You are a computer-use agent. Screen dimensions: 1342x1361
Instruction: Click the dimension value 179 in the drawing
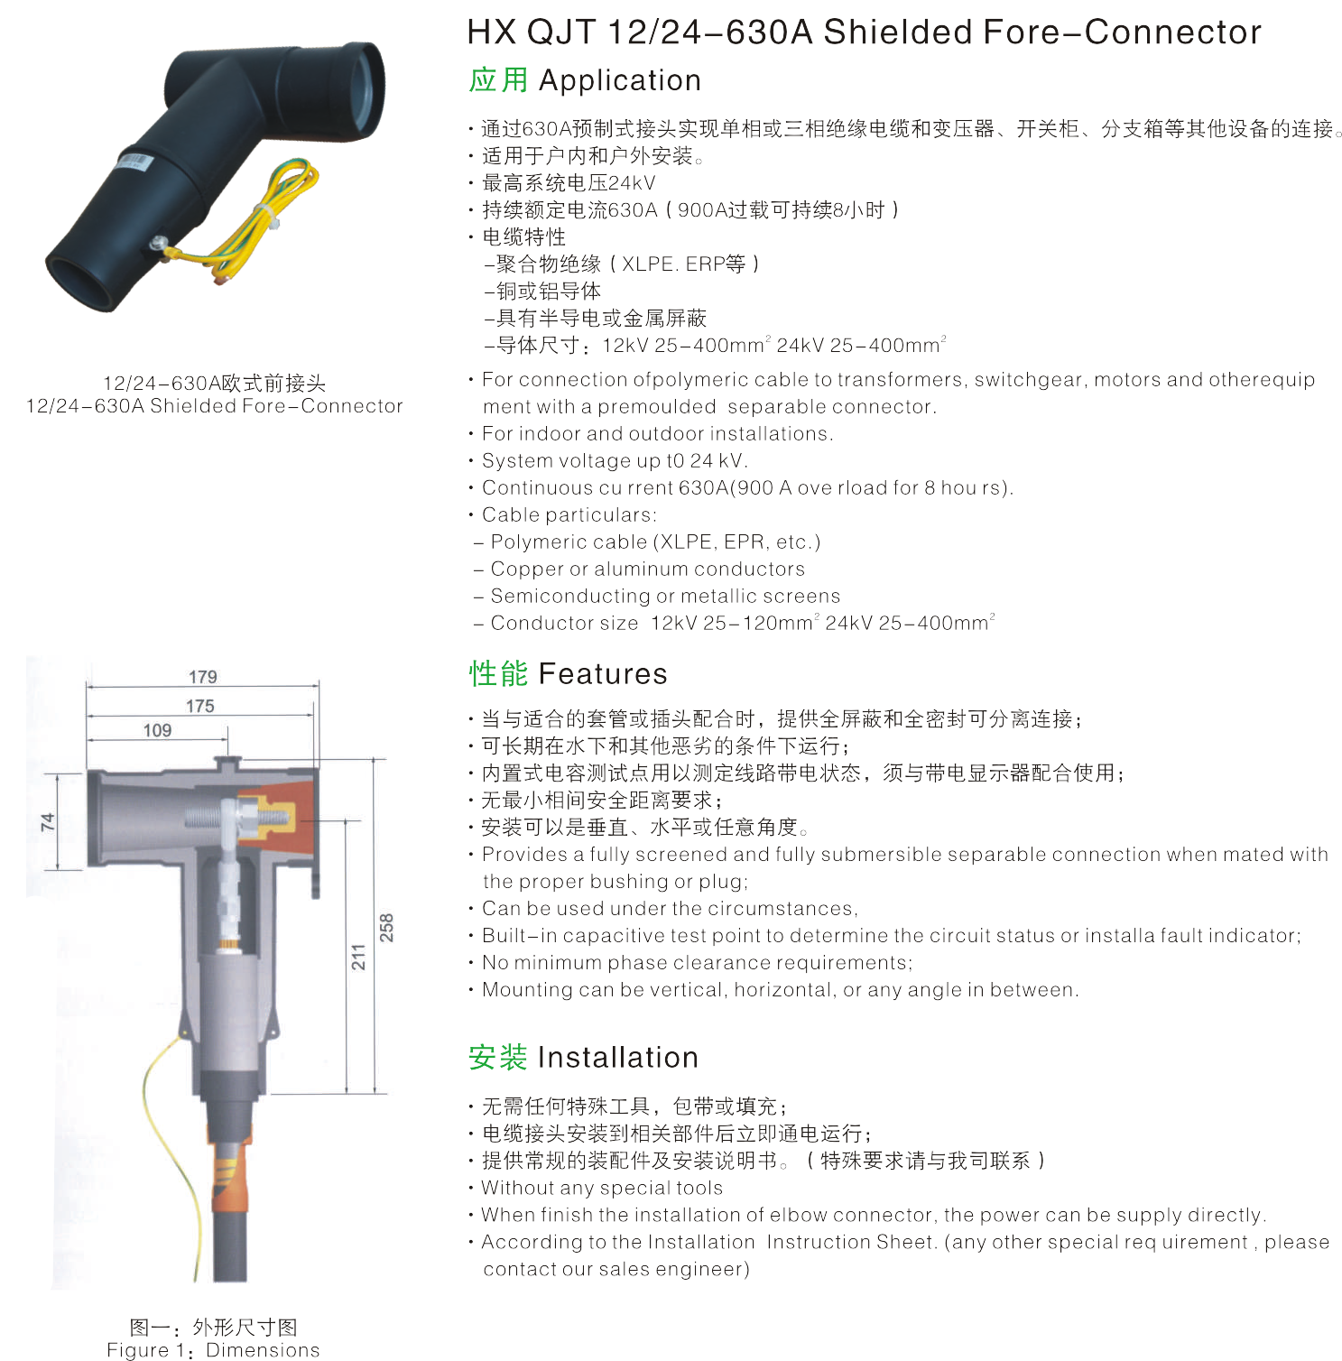203,677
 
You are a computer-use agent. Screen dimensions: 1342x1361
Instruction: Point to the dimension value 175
200,706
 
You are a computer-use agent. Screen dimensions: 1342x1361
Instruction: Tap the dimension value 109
157,730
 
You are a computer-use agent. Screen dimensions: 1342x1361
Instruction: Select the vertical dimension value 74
48,821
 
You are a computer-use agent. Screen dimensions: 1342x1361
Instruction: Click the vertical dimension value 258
386,928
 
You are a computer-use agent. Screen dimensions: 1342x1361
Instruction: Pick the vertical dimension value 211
358,957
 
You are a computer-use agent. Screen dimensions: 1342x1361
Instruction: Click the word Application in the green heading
620,81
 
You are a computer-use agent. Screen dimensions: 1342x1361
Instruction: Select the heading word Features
603,674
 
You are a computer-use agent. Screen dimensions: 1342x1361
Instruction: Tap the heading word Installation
618,1058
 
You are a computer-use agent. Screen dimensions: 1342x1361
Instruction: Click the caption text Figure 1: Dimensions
213,1350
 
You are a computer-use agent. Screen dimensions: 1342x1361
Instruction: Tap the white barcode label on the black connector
135,162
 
